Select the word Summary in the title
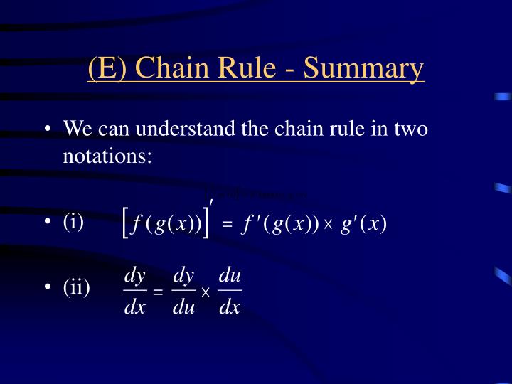363,68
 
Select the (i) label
73,222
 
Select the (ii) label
76,288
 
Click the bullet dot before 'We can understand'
47,130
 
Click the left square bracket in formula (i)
126,223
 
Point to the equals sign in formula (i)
227,225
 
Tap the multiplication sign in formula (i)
329,225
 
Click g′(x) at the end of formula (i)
363,224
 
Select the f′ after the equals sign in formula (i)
248,224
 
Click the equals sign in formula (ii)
158,292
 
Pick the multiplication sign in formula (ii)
206,292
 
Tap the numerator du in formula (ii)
230,275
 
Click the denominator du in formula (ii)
183,307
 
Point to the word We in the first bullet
77,129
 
